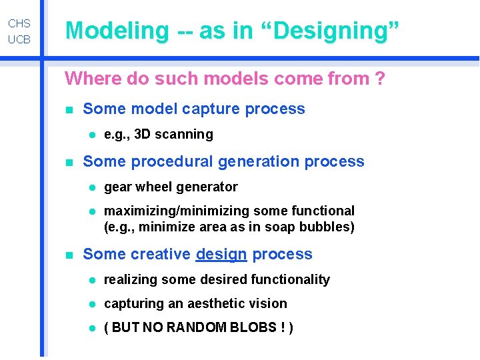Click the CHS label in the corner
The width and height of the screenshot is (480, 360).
[x=19, y=23]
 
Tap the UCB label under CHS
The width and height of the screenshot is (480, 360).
[x=19, y=40]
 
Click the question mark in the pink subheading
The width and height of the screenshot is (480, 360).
[x=380, y=79]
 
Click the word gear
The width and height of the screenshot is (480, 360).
[x=118, y=187]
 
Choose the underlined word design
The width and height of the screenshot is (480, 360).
[x=221, y=254]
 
